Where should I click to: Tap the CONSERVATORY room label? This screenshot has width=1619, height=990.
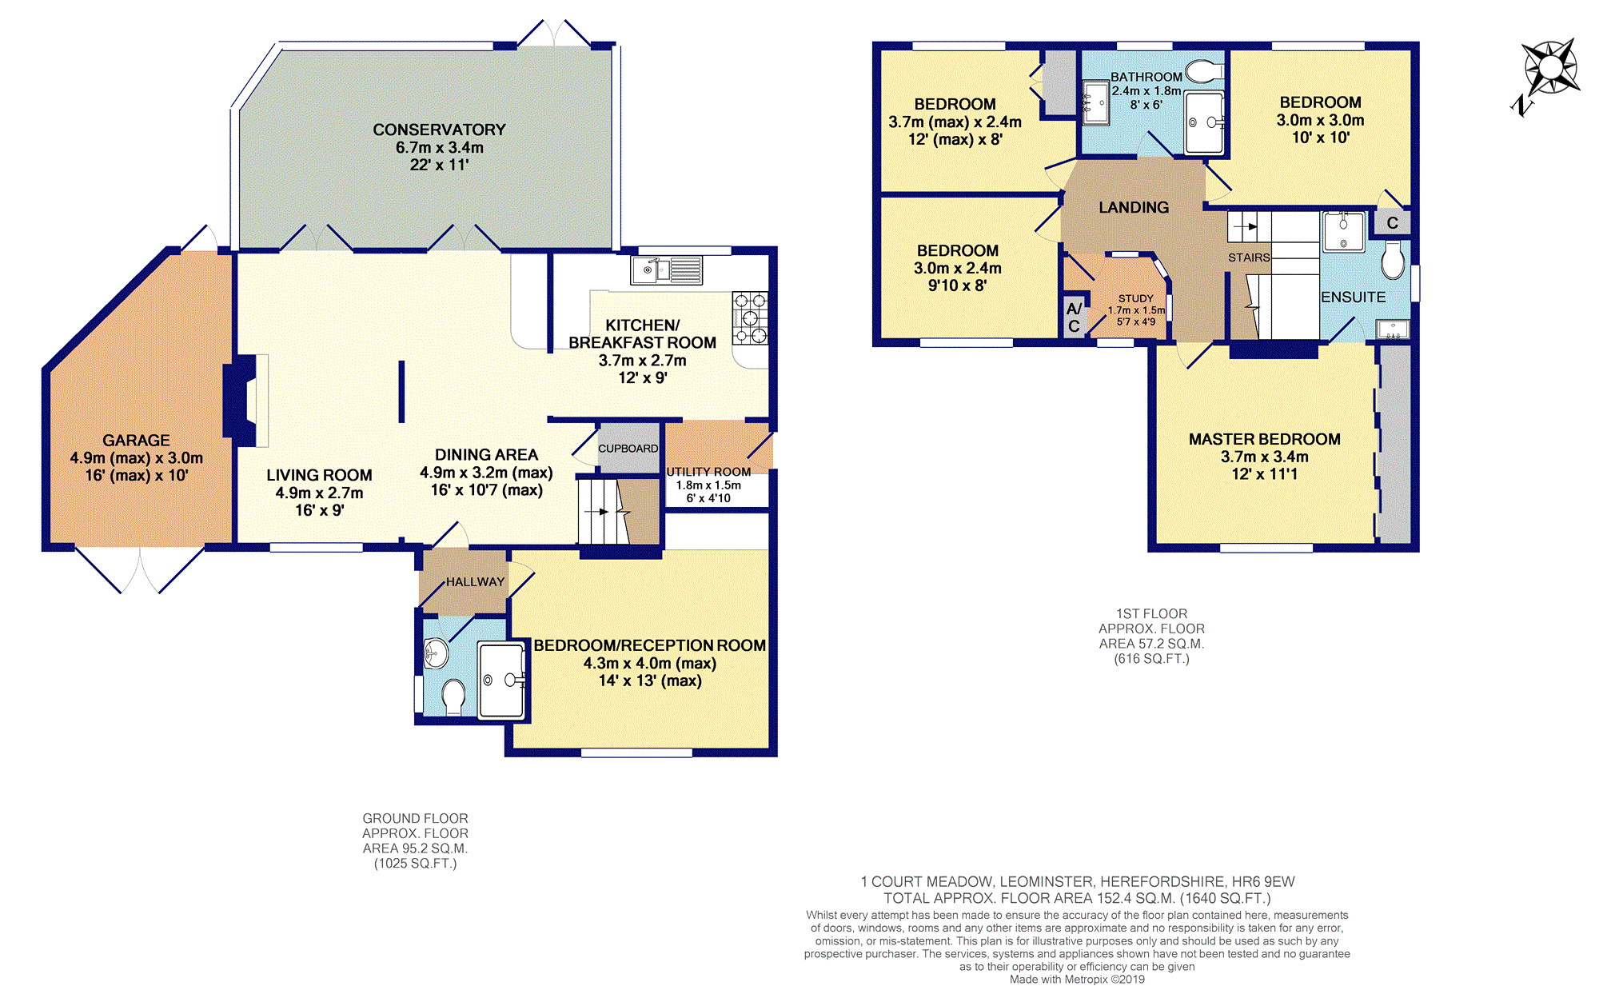[439, 130]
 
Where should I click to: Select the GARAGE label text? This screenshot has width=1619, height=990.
[136, 440]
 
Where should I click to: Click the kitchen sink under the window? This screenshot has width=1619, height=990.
[667, 270]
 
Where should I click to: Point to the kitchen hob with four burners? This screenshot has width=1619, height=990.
[750, 318]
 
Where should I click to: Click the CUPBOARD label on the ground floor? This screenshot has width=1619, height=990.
[628, 449]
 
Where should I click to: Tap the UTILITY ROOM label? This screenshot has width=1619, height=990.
[708, 472]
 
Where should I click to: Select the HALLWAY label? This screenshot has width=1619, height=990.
[475, 581]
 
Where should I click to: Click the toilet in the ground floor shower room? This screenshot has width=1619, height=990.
[453, 696]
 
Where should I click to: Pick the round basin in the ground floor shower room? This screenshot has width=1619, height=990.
[435, 653]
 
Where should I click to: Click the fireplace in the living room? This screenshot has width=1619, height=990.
[246, 400]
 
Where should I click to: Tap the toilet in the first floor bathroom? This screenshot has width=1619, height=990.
[1204, 72]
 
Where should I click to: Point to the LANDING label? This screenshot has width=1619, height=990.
[1134, 207]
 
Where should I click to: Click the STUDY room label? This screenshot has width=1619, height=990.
[1136, 298]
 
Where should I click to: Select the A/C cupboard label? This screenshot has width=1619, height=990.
[1074, 317]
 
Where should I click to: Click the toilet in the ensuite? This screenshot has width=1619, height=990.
[1393, 260]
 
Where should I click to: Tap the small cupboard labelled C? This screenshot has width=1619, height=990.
[1392, 223]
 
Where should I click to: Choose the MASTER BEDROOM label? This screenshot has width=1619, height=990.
[1264, 439]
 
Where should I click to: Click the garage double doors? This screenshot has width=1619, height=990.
[140, 569]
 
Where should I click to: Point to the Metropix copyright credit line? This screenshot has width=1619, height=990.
[1077, 980]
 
